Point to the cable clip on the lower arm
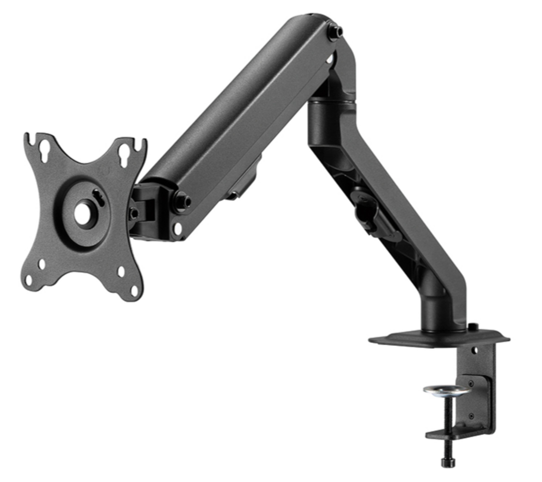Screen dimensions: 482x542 [x=371, y=212]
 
